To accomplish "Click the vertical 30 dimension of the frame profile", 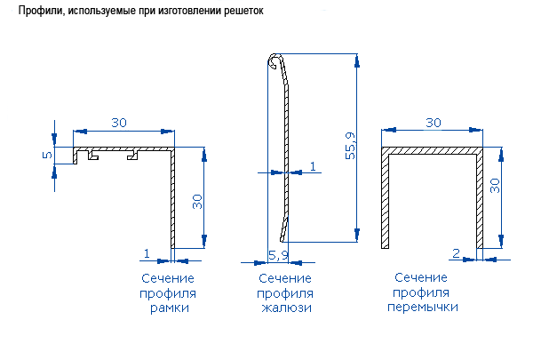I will pyautogui.click(x=197, y=202).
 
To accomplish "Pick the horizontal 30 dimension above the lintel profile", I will pyautogui.click(x=434, y=123).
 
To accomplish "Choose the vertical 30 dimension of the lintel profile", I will pyautogui.click(x=495, y=184).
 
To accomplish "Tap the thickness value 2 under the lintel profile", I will pyautogui.click(x=456, y=253).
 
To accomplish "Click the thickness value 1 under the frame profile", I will pyautogui.click(x=145, y=253).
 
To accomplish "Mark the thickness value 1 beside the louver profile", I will pyautogui.click(x=313, y=166).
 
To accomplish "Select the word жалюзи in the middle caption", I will pyautogui.click(x=285, y=308).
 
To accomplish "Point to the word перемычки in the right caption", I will pyautogui.click(x=423, y=307).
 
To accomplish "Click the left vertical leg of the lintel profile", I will pyautogui.click(x=385, y=200).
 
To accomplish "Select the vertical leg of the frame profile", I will pyautogui.click(x=172, y=200).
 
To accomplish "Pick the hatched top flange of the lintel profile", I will pyautogui.click(x=432, y=152).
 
